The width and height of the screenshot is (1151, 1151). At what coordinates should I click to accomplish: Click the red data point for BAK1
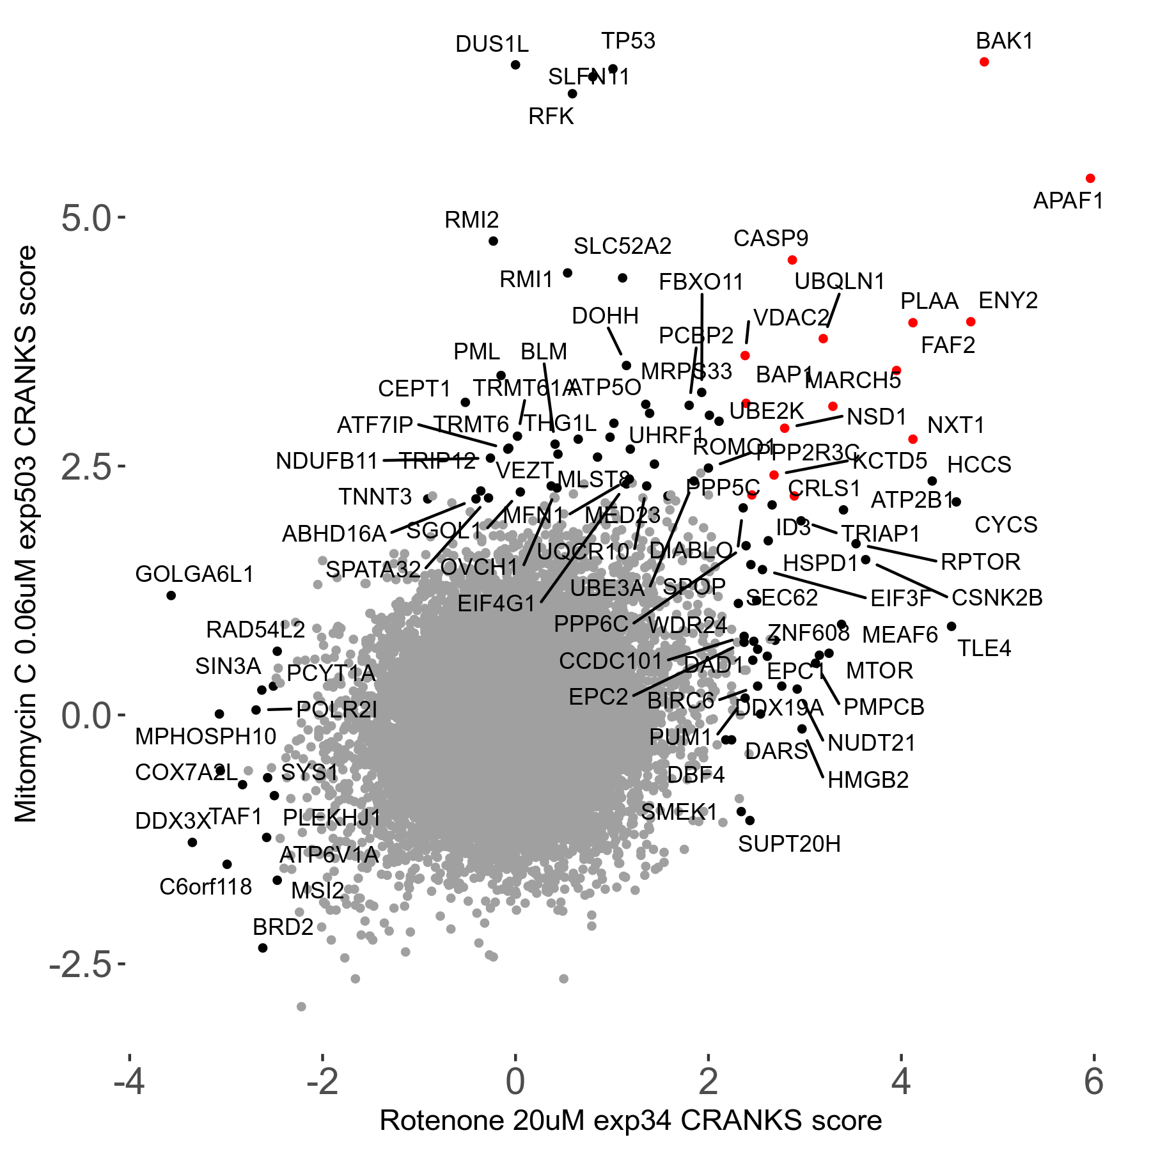coord(984,62)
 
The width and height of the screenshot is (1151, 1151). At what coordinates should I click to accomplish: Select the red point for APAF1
coord(1090,178)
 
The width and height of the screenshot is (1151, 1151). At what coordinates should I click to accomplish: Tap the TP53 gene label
coord(628,41)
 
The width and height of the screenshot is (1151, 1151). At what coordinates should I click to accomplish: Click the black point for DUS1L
coord(515,65)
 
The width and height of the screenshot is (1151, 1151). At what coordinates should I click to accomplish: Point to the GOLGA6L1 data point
coord(171,595)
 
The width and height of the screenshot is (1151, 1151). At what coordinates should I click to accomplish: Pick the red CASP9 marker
coord(792,260)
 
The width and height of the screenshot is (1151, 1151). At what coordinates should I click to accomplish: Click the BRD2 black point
coord(262,948)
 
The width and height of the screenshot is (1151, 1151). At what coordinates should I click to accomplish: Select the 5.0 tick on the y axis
coord(86,219)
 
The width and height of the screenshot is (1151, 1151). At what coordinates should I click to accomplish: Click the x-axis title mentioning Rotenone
coord(630,1121)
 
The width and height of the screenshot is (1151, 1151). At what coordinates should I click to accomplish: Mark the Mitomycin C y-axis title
coord(27,534)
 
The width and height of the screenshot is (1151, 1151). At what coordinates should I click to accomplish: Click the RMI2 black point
coord(493,241)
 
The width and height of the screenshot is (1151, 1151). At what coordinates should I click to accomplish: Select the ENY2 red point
coord(971,322)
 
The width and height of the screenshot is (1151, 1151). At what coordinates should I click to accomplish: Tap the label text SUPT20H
coord(789,844)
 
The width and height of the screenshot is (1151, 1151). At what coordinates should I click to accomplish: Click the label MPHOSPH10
coord(205,737)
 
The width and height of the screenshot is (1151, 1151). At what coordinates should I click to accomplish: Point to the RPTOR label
coord(980,562)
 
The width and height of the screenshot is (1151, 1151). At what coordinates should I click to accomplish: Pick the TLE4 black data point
coord(951,626)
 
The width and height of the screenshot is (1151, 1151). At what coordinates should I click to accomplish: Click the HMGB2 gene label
coord(868,780)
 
